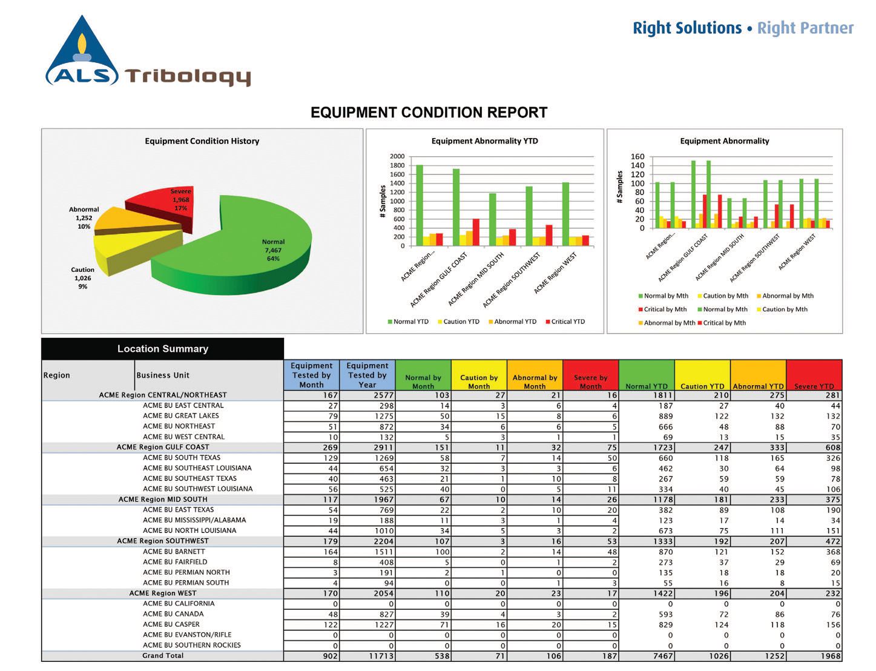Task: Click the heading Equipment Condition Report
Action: [x=429, y=113]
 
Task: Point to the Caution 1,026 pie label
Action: [x=83, y=278]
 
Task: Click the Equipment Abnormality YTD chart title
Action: [x=484, y=141]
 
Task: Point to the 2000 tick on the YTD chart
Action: [x=397, y=156]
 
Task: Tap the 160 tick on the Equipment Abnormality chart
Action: [x=637, y=156]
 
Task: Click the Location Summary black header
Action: [x=162, y=349]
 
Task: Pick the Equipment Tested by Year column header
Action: [x=367, y=375]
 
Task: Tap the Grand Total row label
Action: [x=163, y=655]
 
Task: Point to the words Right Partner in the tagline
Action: [x=805, y=28]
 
